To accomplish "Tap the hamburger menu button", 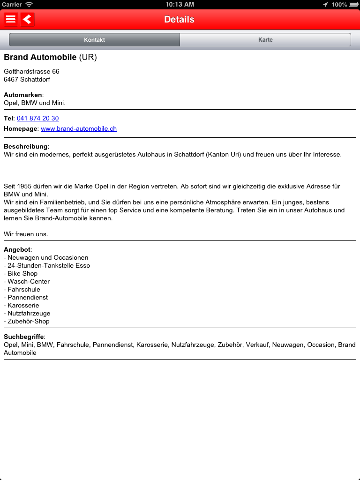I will (11, 19).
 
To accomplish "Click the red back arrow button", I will (28, 19).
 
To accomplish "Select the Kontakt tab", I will (94, 40).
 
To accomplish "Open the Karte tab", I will (265, 40).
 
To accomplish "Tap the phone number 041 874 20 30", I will (38, 118).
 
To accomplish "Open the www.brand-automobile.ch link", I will (79, 128).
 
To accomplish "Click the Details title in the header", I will (179, 19).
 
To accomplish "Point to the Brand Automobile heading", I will (40, 57).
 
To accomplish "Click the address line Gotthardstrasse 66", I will (31, 71).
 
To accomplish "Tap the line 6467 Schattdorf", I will (27, 79).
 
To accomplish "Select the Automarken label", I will (22, 95).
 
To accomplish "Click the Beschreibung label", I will (26, 146).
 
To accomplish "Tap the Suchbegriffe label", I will (23, 337).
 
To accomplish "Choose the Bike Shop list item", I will (21, 273).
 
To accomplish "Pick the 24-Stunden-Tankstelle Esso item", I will (47, 265).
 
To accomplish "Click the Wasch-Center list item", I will (27, 281).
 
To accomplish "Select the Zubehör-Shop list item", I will (27, 321).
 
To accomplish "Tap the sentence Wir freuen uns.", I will (26, 233).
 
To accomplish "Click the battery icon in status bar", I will (352, 4).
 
